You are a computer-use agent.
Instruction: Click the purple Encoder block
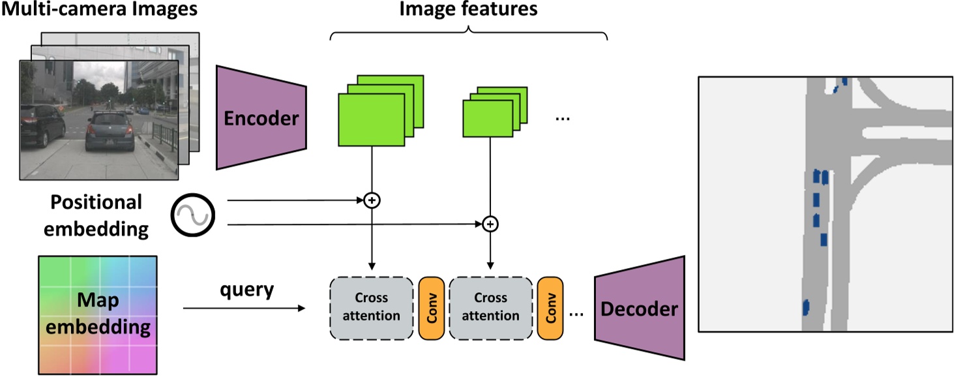pos(261,118)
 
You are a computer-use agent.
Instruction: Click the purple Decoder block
pos(639,309)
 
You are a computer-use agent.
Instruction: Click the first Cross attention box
pos(372,307)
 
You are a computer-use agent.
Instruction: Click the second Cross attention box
pos(490,307)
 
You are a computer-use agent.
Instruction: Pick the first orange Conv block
pos(431,307)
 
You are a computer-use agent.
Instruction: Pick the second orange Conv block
pos(550,307)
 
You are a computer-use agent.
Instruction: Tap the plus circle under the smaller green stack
pos(490,224)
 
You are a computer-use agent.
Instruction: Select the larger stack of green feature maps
pos(376,115)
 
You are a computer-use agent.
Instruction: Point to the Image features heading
pos(468,9)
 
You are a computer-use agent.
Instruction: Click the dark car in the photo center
pos(108,130)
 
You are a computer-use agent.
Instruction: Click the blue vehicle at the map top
pos(844,81)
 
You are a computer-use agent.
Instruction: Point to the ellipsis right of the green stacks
pos(562,118)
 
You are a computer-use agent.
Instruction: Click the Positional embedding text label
pos(96,215)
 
